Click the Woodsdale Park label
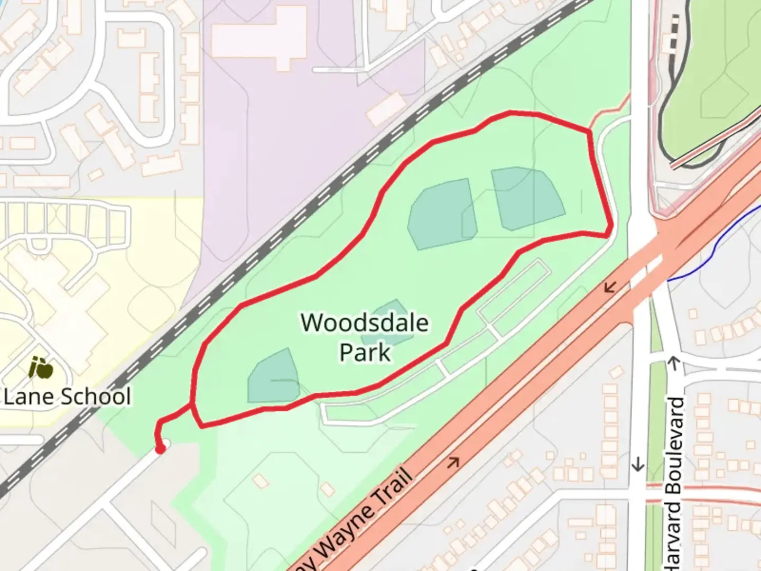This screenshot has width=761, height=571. pos(365,337)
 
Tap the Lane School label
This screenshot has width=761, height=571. pos(67,397)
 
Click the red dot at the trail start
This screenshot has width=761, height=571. pos(160,449)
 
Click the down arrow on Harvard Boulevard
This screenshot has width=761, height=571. pos(638,464)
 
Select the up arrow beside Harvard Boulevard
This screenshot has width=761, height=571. pos(674,363)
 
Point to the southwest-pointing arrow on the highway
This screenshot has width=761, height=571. pos(610,287)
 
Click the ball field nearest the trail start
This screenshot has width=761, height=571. pos(273,376)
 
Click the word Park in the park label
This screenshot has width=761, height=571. pos(365,352)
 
